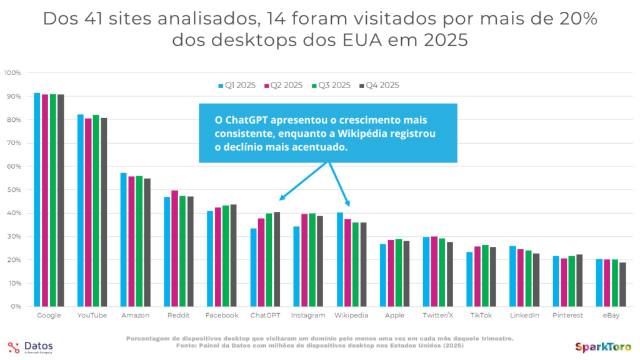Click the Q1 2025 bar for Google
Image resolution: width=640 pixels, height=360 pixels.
[37, 199]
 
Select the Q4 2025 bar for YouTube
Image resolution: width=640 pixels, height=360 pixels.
[104, 212]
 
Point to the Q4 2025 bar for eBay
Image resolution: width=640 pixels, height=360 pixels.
[622, 284]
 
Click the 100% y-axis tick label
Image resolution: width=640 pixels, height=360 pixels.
[12, 73]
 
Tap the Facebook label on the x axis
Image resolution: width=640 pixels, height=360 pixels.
[222, 316]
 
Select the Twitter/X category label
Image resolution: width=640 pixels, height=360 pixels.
[439, 316]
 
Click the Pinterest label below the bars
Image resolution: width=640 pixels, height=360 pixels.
[567, 316]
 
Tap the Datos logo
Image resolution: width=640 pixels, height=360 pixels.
[31, 347]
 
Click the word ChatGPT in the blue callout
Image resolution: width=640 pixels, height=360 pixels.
[232, 119]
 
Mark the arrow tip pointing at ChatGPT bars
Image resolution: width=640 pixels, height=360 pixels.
[281, 199]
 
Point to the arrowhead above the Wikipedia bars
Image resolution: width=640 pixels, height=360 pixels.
[349, 205]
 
